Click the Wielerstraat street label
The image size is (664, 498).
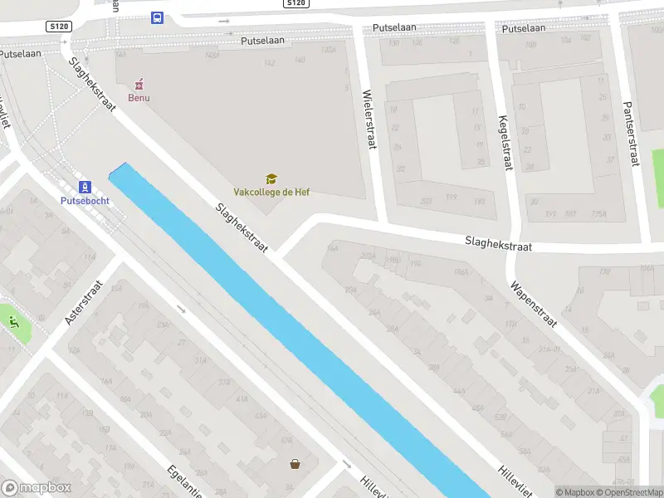[370, 120]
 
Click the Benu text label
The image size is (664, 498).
[139, 97]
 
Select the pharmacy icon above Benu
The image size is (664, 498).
[139, 84]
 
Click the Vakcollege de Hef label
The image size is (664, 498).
[271, 192]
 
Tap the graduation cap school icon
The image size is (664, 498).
[271, 178]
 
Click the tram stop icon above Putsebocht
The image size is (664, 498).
[83, 187]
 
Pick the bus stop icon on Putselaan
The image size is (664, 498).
[157, 17]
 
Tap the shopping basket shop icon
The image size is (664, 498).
[295, 465]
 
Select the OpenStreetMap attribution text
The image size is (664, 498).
[626, 492]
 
